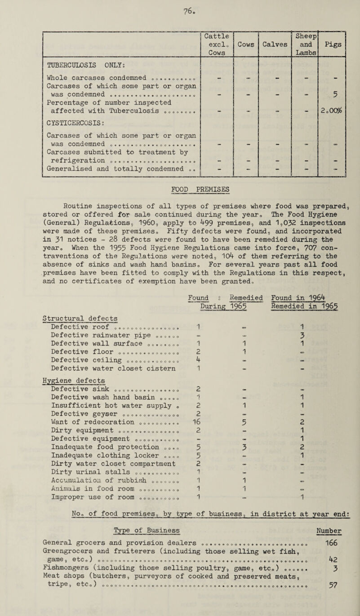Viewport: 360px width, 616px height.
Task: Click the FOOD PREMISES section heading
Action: coord(180,221)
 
